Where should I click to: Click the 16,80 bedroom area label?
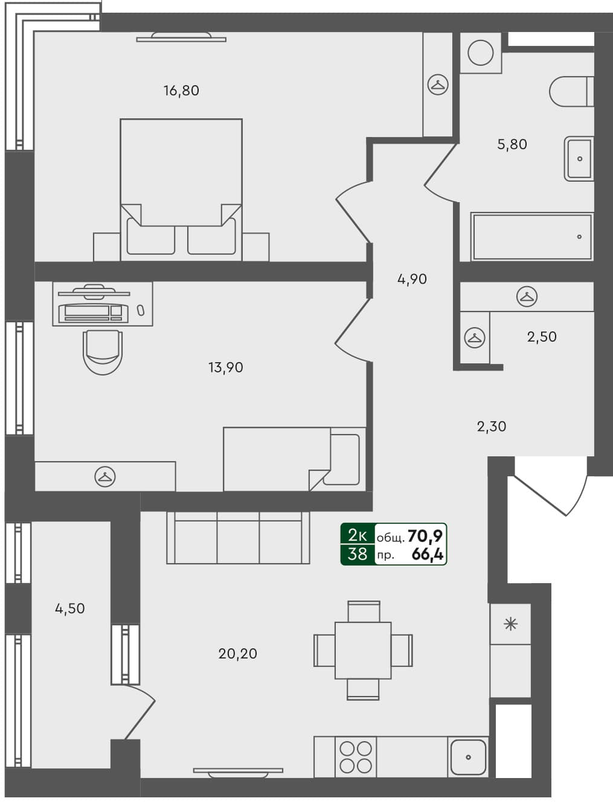coord(181,91)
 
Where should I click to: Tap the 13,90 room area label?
coord(225,367)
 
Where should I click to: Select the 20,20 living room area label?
coord(237,653)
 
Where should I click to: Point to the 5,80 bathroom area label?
coord(512,144)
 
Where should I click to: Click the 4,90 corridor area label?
coord(412,279)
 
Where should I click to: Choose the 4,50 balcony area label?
coord(70,608)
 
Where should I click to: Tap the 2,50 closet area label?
coord(542,337)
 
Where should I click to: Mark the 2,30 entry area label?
coord(492,427)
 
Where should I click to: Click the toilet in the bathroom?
coord(571,91)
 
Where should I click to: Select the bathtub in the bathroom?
coord(532,237)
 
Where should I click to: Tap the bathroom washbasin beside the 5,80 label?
coord(579,159)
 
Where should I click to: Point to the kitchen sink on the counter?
coord(468,757)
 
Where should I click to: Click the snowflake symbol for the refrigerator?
coord(510,624)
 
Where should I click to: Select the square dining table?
coord(363,650)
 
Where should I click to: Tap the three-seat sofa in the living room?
coord(238,538)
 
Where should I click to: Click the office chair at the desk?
coord(103,352)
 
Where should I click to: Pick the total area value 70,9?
coord(425,535)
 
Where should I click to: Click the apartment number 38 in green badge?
coord(357,554)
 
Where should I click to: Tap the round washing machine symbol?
coord(481,53)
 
